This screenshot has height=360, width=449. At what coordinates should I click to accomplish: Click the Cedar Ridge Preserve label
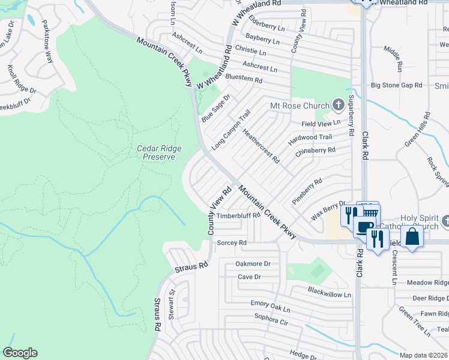point(159,152)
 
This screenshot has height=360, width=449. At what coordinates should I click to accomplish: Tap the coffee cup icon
point(363,226)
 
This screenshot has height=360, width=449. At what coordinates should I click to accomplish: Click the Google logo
point(20,353)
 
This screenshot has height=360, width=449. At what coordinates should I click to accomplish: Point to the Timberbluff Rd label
point(238,215)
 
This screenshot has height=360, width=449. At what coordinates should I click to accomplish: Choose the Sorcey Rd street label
point(232,243)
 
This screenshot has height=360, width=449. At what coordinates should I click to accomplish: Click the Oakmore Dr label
point(253,263)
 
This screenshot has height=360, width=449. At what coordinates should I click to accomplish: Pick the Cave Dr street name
point(249,277)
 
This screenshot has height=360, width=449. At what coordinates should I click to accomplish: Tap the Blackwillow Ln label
point(329,295)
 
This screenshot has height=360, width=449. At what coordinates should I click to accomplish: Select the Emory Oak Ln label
point(271,307)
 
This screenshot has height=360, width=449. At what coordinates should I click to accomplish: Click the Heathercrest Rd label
point(261,145)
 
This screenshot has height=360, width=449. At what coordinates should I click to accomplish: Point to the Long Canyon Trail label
point(231,130)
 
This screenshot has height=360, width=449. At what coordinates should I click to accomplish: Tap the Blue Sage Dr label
point(216,106)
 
